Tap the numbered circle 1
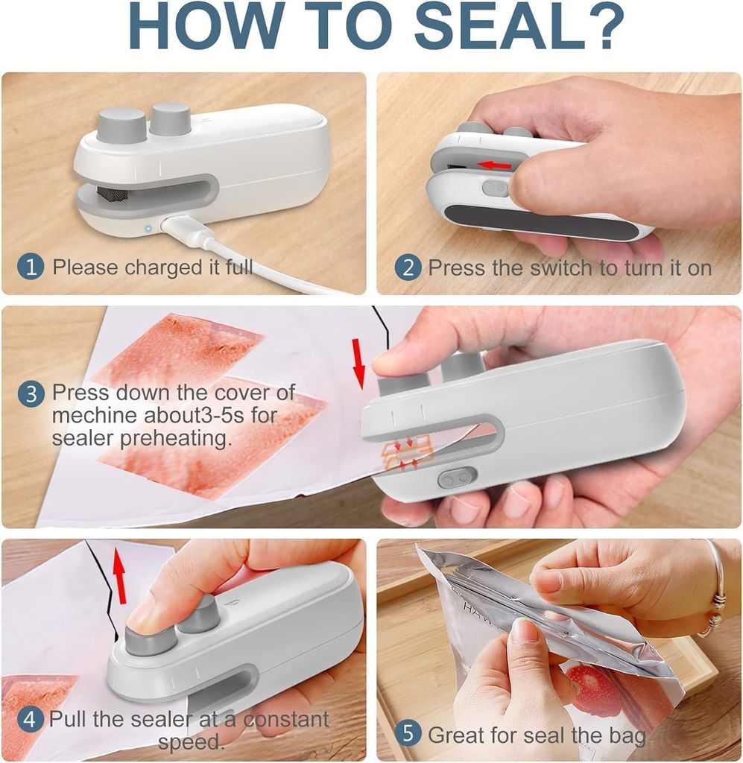point(31,267)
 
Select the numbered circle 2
point(408,267)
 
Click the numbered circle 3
point(31,393)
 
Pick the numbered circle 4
point(31,720)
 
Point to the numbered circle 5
point(408,733)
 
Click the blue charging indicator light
point(148,228)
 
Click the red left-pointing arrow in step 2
point(495,164)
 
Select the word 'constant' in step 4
point(286,720)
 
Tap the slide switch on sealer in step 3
point(456,477)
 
